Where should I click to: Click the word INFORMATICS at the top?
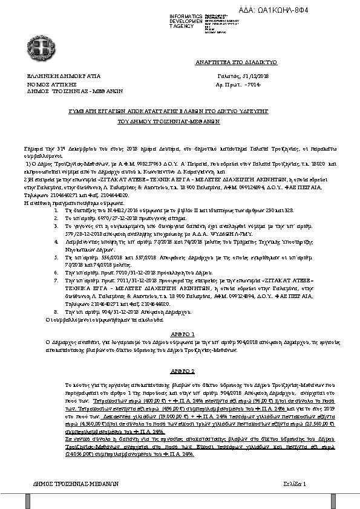pyautogui.click(x=186, y=15)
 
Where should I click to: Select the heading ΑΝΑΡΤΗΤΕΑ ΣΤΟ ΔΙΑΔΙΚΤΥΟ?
pyautogui.click(x=235, y=62)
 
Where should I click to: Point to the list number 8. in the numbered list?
pyautogui.click(x=56, y=312)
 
